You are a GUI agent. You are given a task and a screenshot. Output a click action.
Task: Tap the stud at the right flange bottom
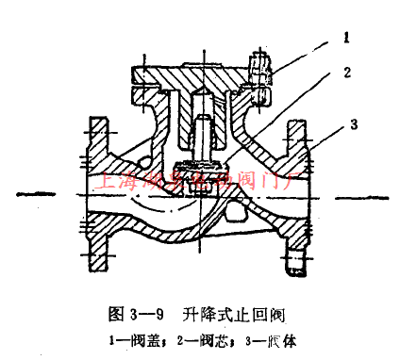(293, 257)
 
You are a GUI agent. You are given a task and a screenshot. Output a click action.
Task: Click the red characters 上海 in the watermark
(114, 179)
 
